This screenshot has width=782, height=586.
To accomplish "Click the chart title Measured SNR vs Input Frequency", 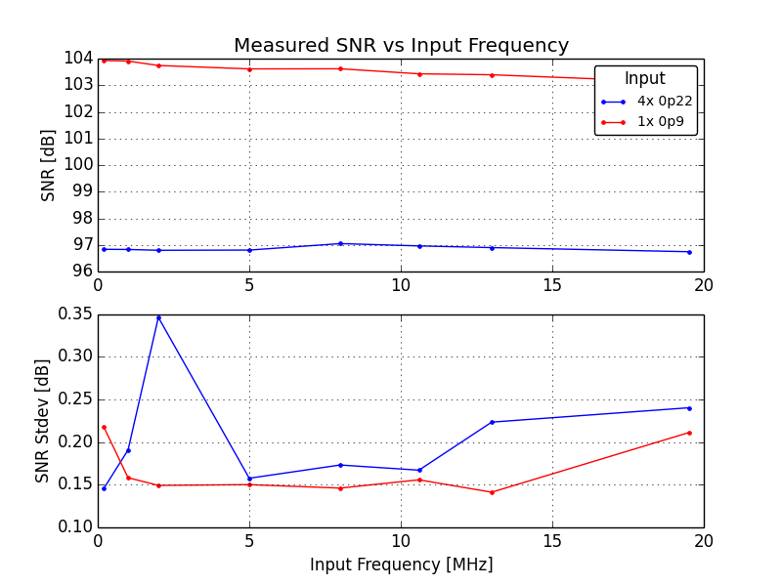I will coord(401,46).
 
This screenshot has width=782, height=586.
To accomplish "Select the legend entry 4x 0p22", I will coord(665,101).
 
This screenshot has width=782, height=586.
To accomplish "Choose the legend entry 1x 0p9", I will coord(661,122).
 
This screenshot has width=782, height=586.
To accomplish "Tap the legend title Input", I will coord(645,79).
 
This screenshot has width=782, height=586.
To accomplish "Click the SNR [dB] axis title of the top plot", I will coord(49,165).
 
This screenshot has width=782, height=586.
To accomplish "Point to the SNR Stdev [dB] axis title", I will coord(42,421).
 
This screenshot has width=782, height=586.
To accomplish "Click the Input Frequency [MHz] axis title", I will coord(401,565).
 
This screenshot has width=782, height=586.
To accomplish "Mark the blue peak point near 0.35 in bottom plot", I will coord(158,316).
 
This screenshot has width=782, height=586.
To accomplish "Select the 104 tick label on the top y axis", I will coord(77,59).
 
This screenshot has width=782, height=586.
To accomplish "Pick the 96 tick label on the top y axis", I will coord(81,272).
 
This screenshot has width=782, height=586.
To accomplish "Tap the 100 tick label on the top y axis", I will coord(77,165).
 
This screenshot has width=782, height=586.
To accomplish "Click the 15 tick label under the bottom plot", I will coord(552,540).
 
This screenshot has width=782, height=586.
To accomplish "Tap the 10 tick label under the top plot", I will coord(401,284).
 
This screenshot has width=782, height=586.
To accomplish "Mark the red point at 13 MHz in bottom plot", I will coord(492,492).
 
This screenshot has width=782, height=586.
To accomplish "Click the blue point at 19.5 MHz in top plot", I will coord(689,252).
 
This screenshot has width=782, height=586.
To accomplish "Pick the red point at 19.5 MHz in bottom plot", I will coord(689,433).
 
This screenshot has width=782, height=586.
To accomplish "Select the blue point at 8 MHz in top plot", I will coord(340,243).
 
